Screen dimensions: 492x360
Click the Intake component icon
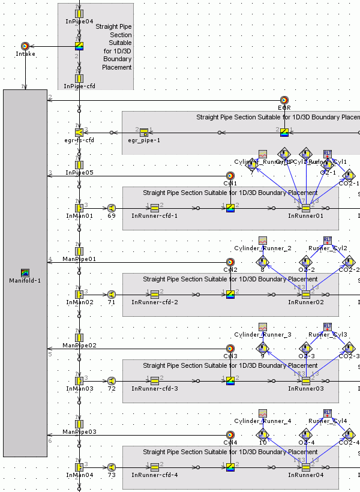coord(25,46)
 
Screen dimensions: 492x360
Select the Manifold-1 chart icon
coord(25,272)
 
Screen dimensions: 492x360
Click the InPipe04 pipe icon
coord(79,13)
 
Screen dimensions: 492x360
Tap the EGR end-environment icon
coord(284,100)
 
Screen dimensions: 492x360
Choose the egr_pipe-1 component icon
coord(144,132)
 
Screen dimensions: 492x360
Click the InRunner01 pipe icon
coord(306,208)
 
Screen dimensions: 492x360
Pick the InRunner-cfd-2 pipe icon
coord(154,295)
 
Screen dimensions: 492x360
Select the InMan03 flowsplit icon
coord(79,380)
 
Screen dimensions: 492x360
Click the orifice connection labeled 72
coord(112,380)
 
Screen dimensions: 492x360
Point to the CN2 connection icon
coord(230,262)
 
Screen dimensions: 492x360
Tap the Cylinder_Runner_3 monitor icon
coord(262,327)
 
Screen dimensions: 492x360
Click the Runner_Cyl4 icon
coord(327,413)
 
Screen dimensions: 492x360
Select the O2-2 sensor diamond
coord(306,262)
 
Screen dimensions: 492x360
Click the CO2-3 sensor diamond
coord(349,348)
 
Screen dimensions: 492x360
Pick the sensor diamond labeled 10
coord(262,434)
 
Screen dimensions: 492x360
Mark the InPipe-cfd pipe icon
coord(79,78)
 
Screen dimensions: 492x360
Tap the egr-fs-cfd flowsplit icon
coord(79,132)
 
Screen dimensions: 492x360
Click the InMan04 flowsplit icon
coord(79,467)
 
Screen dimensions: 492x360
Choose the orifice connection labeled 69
coord(112,208)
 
